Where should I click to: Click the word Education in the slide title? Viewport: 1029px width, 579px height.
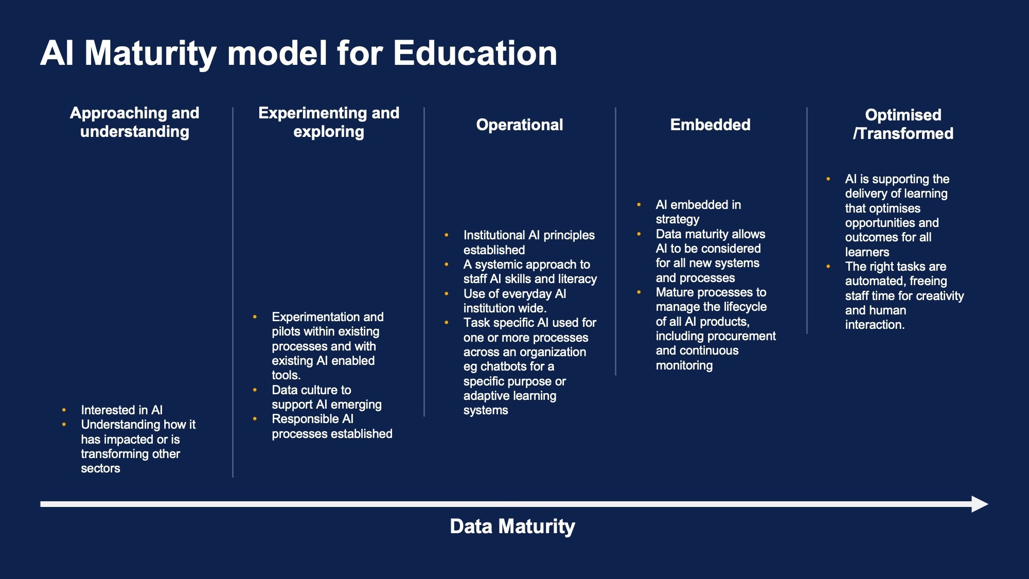pyautogui.click(x=475, y=53)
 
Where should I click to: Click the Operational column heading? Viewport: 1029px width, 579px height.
pyautogui.click(x=520, y=125)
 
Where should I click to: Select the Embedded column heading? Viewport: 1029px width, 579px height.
pyautogui.click(x=710, y=125)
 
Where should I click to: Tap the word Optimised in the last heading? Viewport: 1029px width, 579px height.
pyautogui.click(x=903, y=115)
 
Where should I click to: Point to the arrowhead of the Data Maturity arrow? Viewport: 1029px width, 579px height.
pyautogui.click(x=980, y=504)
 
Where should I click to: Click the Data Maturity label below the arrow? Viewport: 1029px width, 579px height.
pyautogui.click(x=512, y=527)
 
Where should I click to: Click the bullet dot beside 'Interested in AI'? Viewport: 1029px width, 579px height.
pyautogui.click(x=64, y=410)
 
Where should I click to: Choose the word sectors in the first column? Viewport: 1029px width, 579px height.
pyautogui.click(x=100, y=468)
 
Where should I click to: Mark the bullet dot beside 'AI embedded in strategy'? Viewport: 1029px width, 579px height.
pyautogui.click(x=638, y=205)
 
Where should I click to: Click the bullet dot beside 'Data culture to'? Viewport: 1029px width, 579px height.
pyautogui.click(x=255, y=390)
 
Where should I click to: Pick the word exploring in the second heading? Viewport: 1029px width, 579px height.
pyautogui.click(x=329, y=132)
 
